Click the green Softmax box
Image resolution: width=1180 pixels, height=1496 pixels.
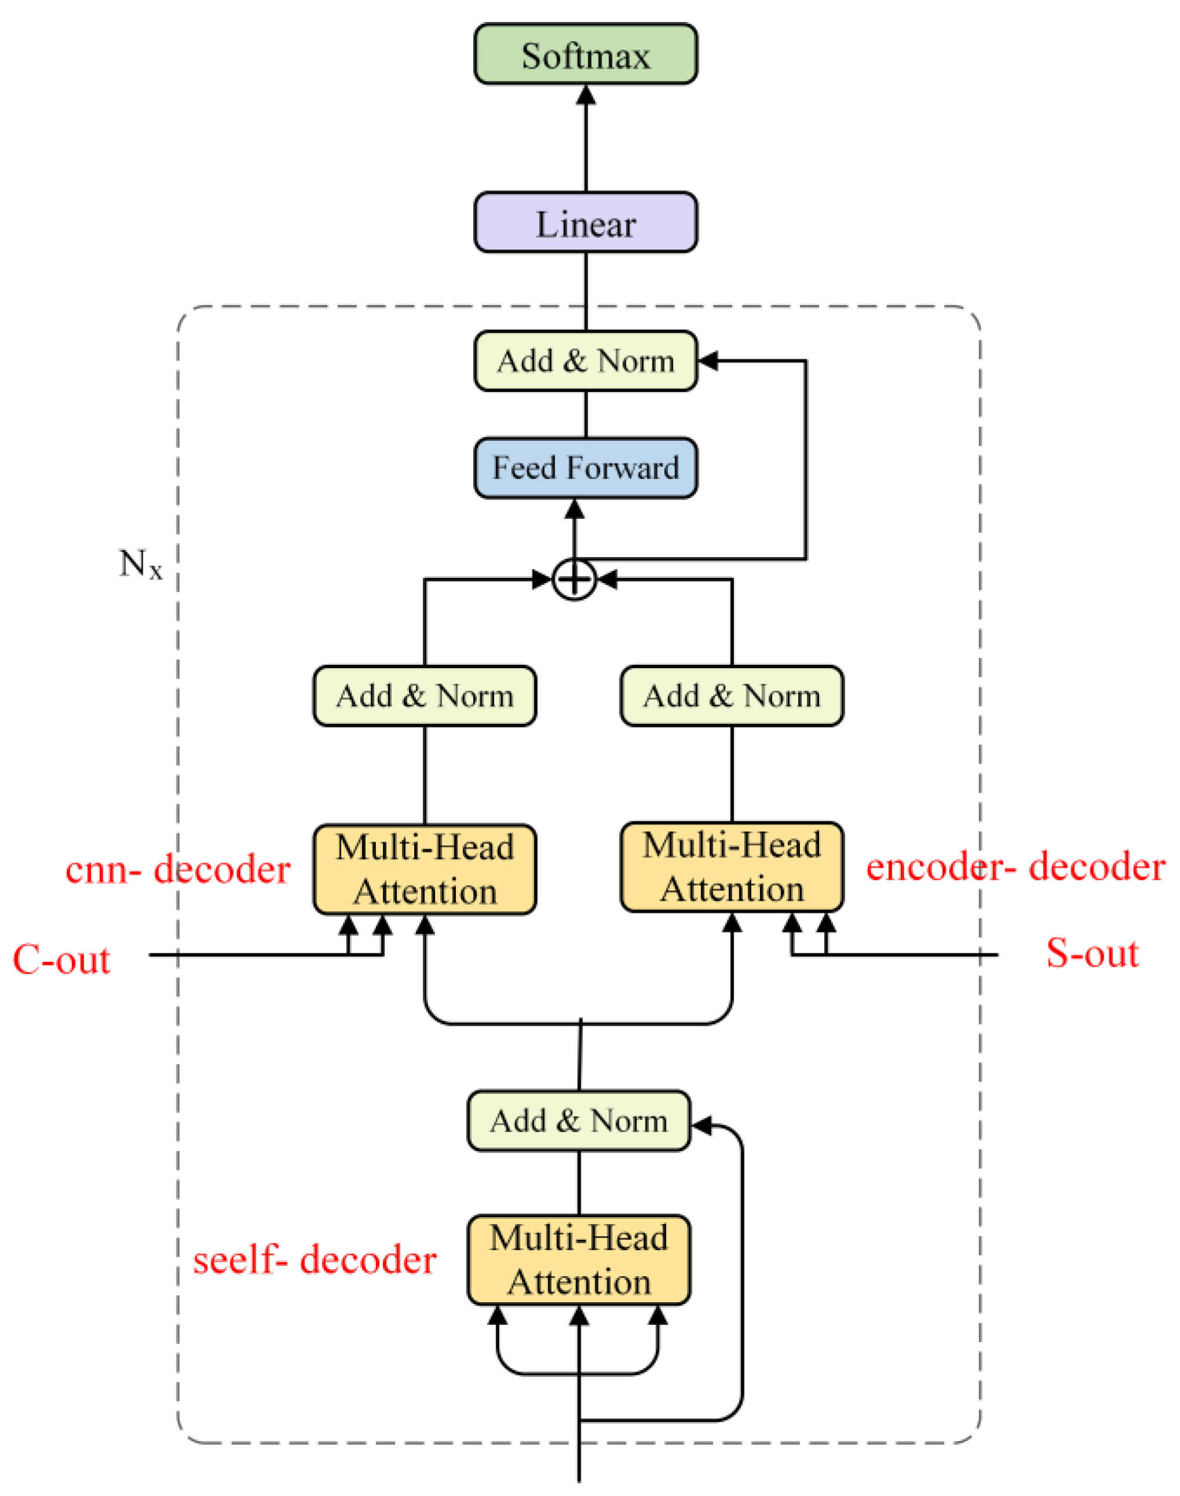(x=585, y=54)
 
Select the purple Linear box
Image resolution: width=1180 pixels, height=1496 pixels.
(x=585, y=223)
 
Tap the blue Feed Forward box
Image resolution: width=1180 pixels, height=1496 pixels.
(x=585, y=468)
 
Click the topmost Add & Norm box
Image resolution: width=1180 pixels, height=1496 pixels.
(x=585, y=361)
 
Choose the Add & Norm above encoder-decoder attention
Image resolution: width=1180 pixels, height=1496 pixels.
(x=732, y=695)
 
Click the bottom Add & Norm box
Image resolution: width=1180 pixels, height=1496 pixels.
(x=578, y=1121)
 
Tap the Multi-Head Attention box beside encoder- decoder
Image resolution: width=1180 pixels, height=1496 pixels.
(x=732, y=867)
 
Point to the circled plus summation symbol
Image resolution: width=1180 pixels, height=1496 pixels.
(x=574, y=579)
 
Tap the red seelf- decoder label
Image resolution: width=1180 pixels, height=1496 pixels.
(x=314, y=1261)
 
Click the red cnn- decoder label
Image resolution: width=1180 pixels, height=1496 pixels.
(x=178, y=869)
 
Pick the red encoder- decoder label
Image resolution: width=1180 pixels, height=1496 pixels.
(x=1016, y=867)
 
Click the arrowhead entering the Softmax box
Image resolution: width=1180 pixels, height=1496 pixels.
(x=586, y=95)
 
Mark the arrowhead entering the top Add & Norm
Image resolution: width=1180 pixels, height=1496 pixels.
(x=707, y=361)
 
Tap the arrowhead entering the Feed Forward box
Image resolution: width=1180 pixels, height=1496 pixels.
(x=574, y=509)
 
